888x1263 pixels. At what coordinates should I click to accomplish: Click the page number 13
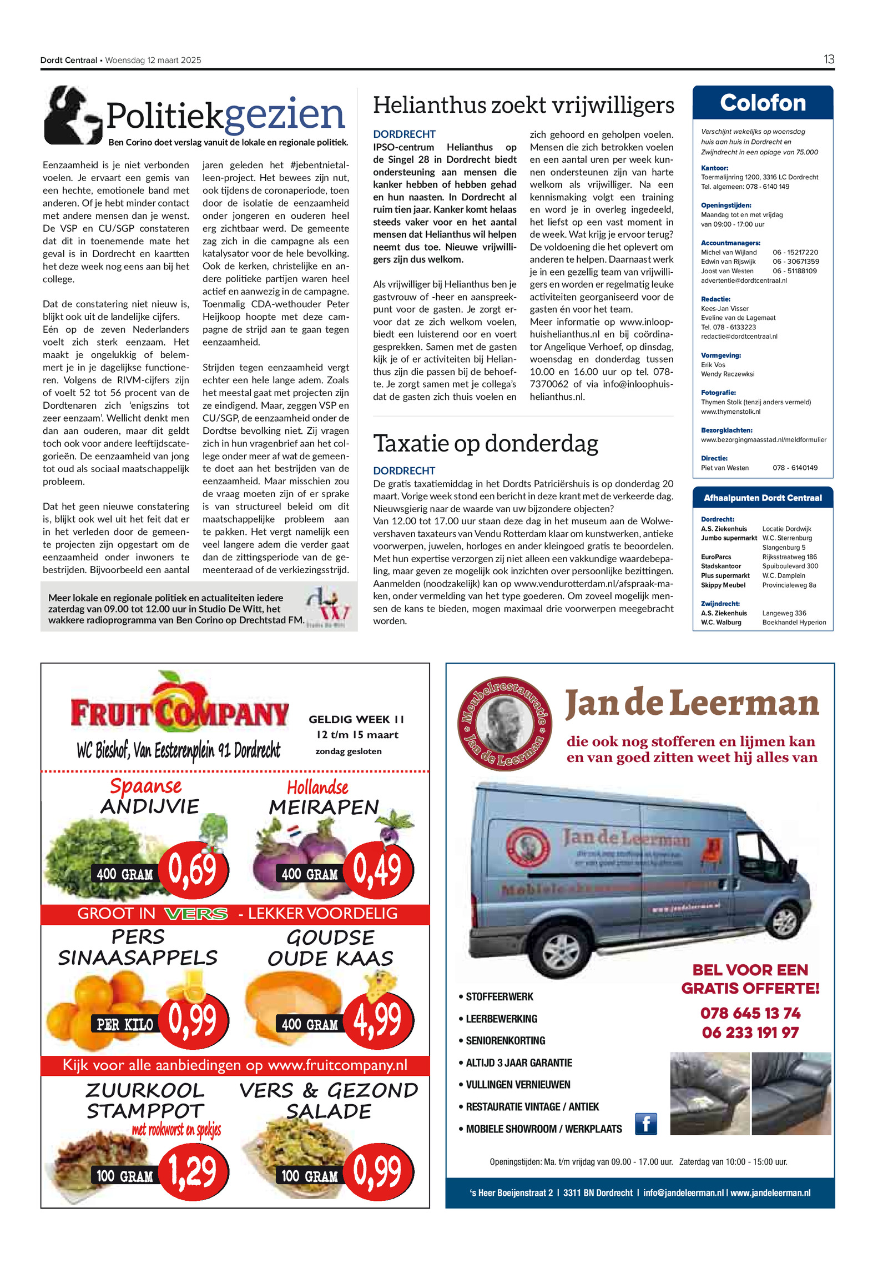pyautogui.click(x=829, y=59)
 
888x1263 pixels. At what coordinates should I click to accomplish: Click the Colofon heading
pyautogui.click(x=763, y=103)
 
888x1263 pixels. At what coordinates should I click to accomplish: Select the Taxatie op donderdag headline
pyautogui.click(x=486, y=443)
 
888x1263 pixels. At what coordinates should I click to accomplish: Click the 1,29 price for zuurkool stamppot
pyautogui.click(x=193, y=1171)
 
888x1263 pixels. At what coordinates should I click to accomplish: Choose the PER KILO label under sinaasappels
pyautogui.click(x=125, y=1025)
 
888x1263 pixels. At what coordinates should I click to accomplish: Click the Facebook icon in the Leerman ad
pyautogui.click(x=645, y=1124)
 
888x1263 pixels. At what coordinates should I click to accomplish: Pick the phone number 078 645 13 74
pyautogui.click(x=750, y=1014)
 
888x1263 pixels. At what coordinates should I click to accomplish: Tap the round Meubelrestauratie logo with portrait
pyautogui.click(x=504, y=724)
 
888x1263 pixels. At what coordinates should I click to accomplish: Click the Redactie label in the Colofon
pyautogui.click(x=715, y=299)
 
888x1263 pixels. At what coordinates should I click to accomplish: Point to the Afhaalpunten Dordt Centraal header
pyautogui.click(x=763, y=498)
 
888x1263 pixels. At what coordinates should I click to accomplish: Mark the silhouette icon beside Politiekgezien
pyautogui.click(x=72, y=115)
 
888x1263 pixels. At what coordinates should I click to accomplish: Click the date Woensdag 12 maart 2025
pyautogui.click(x=153, y=60)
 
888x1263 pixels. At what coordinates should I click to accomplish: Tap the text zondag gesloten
pyautogui.click(x=349, y=751)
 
